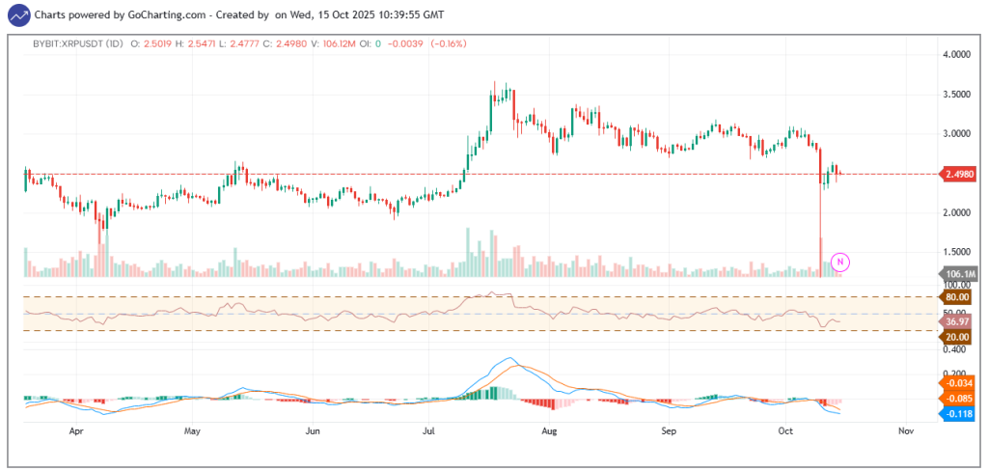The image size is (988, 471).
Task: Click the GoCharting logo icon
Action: (17, 15)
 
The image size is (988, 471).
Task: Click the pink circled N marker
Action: (840, 261)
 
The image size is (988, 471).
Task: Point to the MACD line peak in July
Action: (508, 359)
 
